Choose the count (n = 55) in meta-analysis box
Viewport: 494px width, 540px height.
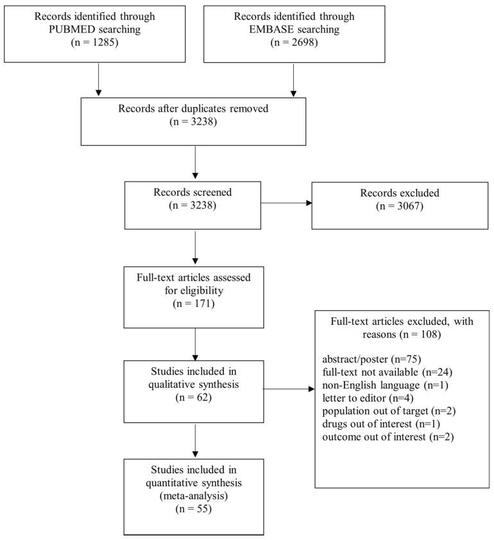[x=194, y=511]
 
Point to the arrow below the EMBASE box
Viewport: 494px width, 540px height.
[x=294, y=80]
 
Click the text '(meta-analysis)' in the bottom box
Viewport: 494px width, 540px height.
[x=194, y=497]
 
